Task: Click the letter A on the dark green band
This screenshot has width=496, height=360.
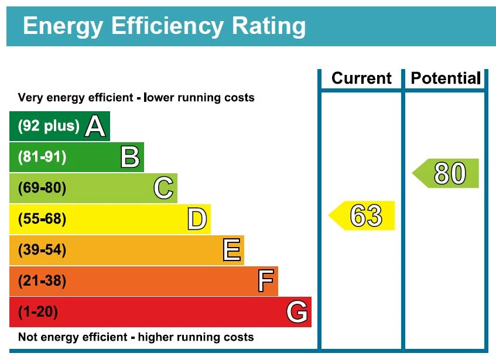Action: [95, 126]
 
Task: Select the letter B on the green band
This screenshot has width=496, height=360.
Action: [129, 157]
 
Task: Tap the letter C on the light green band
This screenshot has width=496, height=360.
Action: [163, 188]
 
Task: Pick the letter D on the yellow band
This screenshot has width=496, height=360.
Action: [197, 219]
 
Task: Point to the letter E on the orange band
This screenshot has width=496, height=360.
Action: [231, 250]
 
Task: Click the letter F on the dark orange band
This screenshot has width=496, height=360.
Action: [265, 281]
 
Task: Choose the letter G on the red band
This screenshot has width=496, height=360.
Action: [297, 312]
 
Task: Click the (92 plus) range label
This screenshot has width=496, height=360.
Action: [49, 126]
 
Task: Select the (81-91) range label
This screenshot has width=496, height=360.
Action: [42, 157]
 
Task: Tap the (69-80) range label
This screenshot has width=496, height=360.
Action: [42, 188]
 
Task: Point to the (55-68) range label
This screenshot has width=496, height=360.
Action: [42, 219]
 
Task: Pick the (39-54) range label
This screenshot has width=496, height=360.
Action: [42, 250]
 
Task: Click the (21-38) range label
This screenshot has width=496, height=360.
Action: [42, 281]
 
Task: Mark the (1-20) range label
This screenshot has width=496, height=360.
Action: [38, 312]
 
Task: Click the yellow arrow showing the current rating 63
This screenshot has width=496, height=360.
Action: [363, 215]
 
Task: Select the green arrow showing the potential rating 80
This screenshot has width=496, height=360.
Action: [447, 173]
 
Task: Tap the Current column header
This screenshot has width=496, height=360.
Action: [361, 78]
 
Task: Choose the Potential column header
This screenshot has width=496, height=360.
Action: [445, 78]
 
